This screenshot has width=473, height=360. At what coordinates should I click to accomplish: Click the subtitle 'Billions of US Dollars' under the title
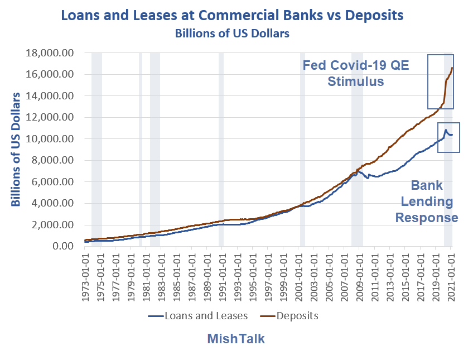[x=232, y=33]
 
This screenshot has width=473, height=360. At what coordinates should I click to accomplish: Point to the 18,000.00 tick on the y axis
[x=51, y=53]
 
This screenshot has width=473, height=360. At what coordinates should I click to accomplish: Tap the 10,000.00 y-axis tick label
[x=51, y=139]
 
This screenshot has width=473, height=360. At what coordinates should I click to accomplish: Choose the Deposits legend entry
[x=289, y=316]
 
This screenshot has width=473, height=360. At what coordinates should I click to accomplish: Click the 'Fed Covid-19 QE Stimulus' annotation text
[x=356, y=73]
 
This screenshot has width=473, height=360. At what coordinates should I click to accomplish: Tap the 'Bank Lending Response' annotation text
[x=427, y=201]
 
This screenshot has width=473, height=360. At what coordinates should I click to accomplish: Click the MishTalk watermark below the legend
[x=236, y=339]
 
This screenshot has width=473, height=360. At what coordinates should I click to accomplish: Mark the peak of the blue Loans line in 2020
[x=446, y=130]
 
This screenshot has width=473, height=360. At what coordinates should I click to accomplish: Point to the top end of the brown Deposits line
[x=452, y=68]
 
